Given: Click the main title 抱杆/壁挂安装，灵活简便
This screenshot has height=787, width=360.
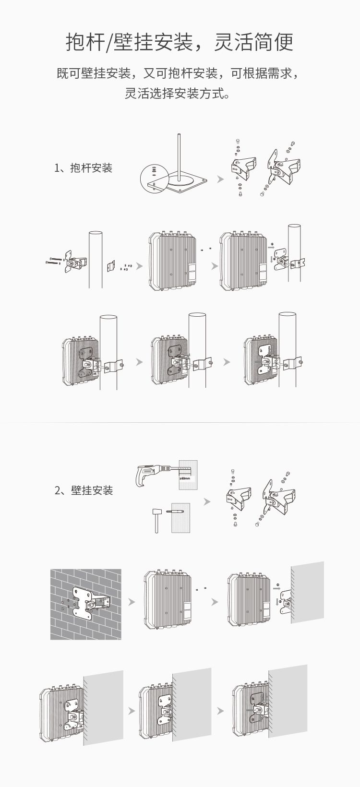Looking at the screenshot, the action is (180, 42).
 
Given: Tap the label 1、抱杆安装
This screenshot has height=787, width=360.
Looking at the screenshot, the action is (84, 168).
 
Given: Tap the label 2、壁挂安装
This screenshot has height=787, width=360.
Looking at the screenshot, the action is (84, 490).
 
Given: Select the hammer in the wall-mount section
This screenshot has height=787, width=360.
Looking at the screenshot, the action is (157, 519).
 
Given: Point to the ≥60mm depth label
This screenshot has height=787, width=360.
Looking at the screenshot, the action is (185, 478).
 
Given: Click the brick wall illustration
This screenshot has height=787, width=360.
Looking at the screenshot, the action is (86, 604).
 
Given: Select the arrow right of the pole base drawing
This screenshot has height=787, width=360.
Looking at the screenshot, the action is (220, 179).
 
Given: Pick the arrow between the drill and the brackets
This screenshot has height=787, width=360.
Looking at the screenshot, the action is (207, 502).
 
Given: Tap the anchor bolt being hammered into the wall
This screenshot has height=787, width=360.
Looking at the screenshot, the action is (175, 512).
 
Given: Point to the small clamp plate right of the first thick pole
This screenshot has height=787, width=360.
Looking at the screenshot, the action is (111, 267).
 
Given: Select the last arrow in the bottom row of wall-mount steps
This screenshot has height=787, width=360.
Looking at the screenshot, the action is (220, 711).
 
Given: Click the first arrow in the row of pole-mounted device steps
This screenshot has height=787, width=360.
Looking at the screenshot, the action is (140, 362).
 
